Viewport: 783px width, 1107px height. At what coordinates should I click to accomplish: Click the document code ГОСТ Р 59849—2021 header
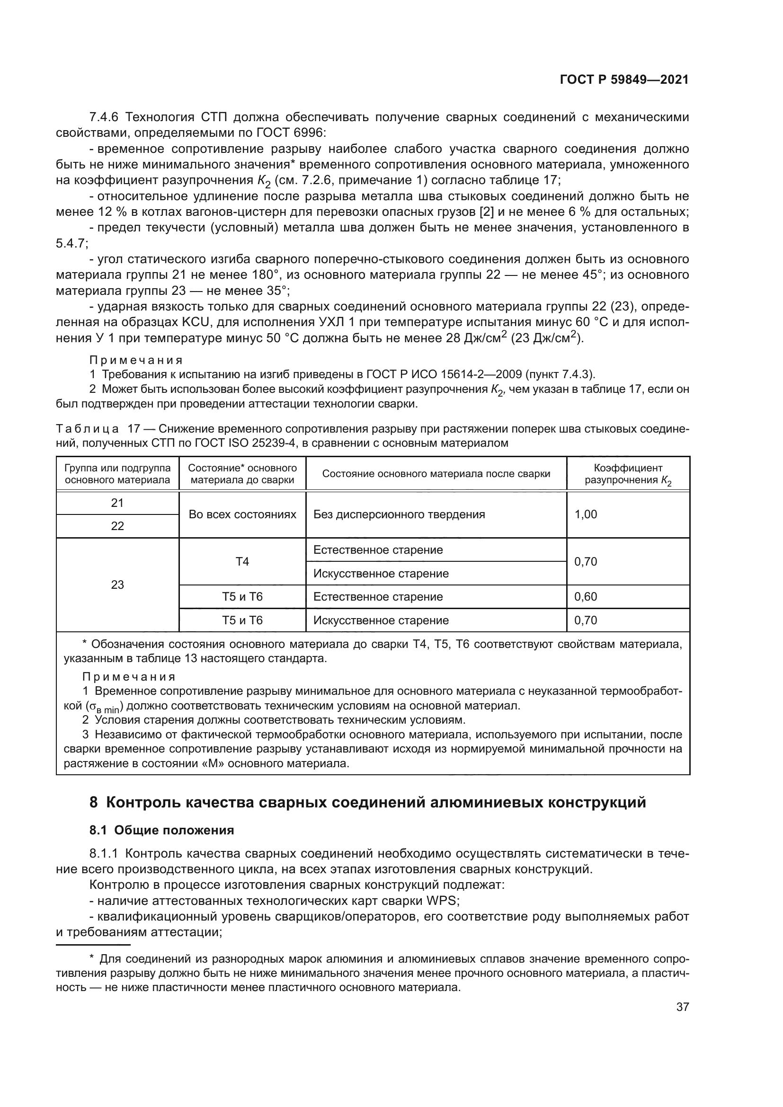click(x=624, y=80)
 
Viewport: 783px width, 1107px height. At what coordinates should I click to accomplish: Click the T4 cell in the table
click(x=242, y=562)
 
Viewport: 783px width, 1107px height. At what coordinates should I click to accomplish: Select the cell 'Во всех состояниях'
click(x=242, y=514)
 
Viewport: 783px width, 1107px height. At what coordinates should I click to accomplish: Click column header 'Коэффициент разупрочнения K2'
click(x=628, y=474)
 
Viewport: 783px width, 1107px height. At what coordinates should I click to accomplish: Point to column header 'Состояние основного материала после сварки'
click(x=436, y=474)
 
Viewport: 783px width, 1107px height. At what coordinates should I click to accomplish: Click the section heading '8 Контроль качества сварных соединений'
click(x=367, y=803)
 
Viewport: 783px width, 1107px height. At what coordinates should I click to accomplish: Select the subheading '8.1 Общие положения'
click(x=161, y=830)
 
